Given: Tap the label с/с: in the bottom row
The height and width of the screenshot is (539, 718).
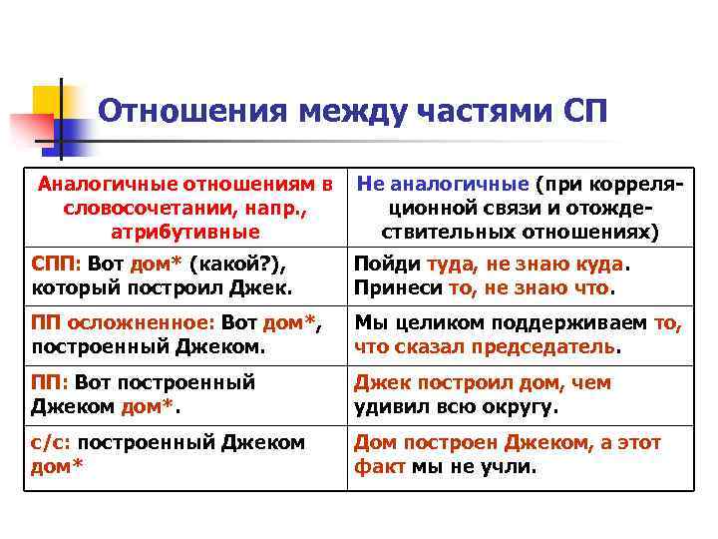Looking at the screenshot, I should [51, 442].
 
